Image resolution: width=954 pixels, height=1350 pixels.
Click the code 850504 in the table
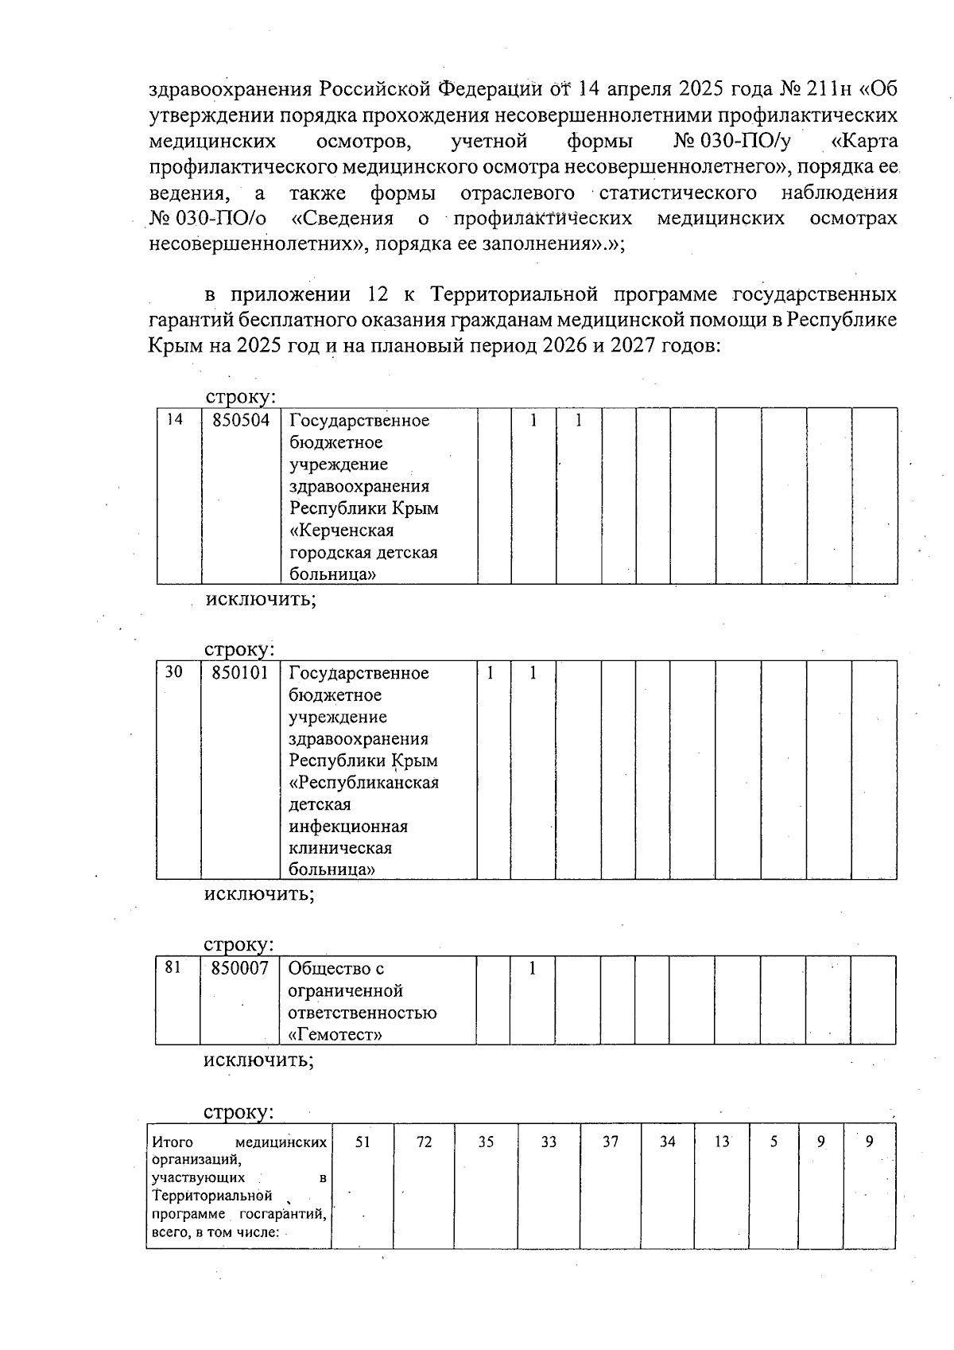click(x=240, y=420)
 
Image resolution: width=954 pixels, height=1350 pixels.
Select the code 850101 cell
click(x=240, y=673)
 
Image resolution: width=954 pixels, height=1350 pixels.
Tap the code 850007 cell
click(x=239, y=968)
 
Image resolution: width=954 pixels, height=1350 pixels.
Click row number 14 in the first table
click(x=173, y=419)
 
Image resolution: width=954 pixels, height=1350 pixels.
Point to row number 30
click(x=173, y=672)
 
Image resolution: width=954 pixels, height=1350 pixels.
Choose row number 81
click(x=173, y=967)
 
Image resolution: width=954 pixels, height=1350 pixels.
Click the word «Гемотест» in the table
click(x=335, y=1035)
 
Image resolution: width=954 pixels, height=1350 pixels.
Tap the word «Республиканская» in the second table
click(x=363, y=782)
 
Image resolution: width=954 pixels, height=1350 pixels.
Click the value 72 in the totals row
click(x=425, y=1142)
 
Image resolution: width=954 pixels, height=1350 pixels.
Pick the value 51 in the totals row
click(x=363, y=1142)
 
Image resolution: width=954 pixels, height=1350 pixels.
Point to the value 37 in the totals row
click(x=610, y=1142)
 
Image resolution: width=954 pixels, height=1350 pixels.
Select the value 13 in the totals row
click(x=721, y=1142)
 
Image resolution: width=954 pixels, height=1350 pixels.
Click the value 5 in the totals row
click(x=774, y=1142)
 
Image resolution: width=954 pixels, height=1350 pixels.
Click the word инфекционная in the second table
click(x=347, y=826)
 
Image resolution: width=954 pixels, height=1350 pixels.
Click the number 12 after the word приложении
click(x=378, y=295)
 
